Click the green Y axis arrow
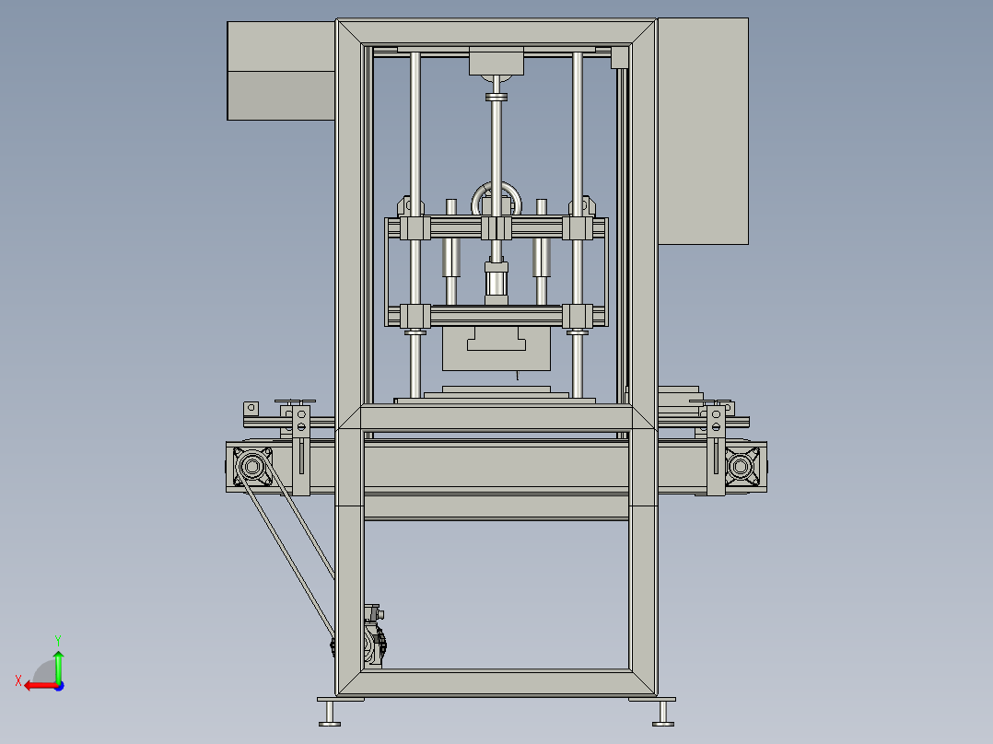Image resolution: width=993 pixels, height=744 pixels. pos(58,667)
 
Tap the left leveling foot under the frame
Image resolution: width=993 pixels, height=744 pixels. pos(330,713)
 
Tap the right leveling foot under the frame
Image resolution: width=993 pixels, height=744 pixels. pos(663,713)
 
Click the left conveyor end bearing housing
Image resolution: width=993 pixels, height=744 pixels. pos(252,467)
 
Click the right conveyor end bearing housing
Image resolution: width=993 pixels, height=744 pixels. pos(741,467)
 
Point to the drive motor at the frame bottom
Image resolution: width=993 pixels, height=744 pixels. pos(374,636)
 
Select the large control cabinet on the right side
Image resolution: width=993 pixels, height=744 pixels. pos(703,131)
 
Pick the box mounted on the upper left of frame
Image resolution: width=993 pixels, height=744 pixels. pos(281,71)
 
